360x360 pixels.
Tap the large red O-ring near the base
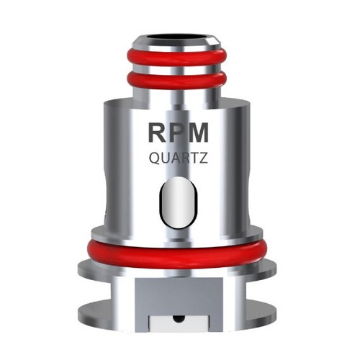click(179, 248)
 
